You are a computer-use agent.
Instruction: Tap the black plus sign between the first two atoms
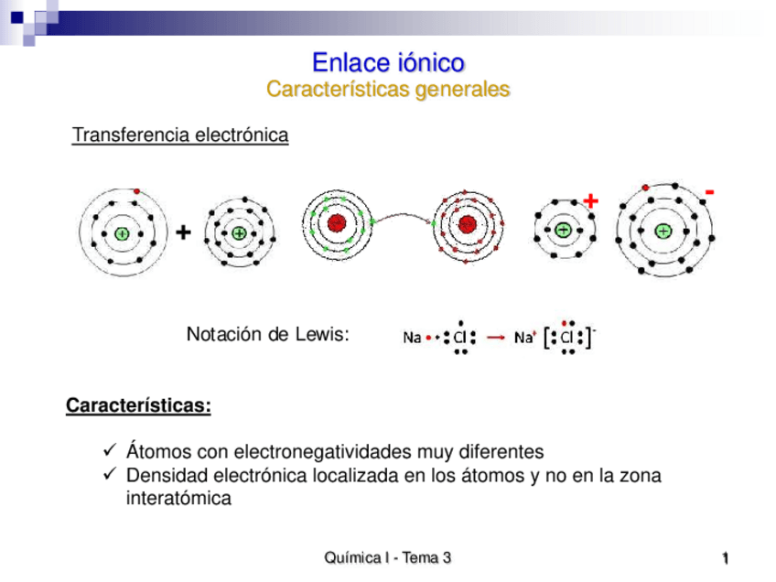[183, 233]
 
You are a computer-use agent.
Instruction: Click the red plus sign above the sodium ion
[590, 199]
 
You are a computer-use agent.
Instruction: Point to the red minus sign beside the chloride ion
[709, 193]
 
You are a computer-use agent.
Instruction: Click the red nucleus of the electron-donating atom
[337, 223]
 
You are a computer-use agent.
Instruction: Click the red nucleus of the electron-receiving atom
[468, 223]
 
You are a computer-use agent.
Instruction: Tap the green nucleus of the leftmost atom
[121, 232]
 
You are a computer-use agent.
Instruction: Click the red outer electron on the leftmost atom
[136, 190]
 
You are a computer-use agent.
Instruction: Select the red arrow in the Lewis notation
[495, 338]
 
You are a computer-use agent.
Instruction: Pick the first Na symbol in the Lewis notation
[412, 338]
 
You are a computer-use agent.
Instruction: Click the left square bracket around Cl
[547, 338]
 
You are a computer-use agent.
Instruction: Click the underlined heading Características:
[138, 405]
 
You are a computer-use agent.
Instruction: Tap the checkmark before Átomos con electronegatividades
[110, 451]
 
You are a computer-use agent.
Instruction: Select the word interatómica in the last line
[178, 500]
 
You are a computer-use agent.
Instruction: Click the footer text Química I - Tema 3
[388, 558]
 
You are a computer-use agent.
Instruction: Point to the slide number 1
[724, 559]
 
